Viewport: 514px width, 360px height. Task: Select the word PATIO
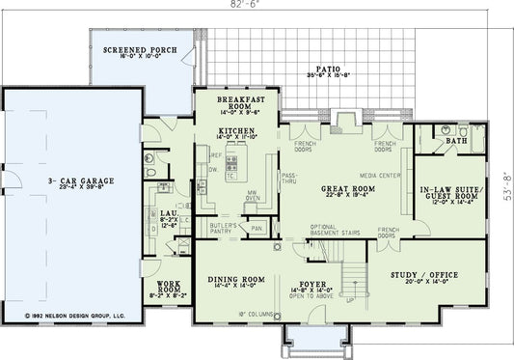328,70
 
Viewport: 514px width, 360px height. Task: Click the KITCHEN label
235,129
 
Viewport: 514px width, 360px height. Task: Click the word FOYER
311,284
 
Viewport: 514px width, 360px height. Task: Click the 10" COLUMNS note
234,314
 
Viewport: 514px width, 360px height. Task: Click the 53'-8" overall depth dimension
506,179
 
